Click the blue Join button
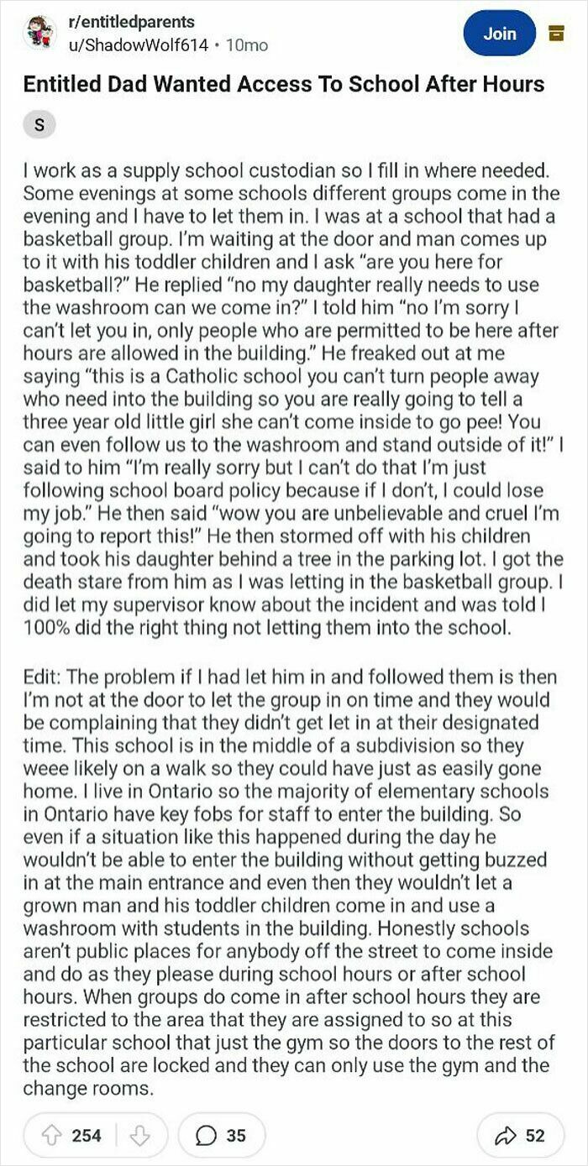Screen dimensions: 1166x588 [499, 34]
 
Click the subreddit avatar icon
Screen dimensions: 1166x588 [37, 34]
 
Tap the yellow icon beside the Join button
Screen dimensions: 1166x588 [554, 33]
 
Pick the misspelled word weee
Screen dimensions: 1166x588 [43, 768]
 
